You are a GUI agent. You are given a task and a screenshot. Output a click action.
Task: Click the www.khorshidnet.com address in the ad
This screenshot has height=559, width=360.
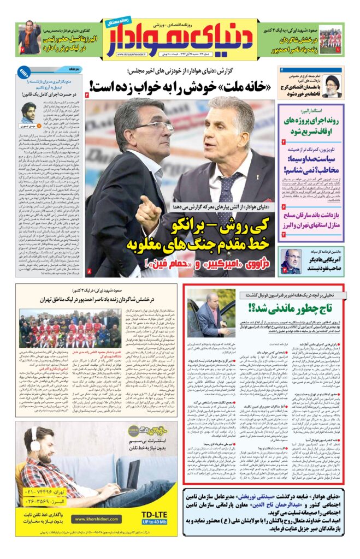coord(96,519)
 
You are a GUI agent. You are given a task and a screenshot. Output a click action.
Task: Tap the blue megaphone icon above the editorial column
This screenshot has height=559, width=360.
coord(24,72)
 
